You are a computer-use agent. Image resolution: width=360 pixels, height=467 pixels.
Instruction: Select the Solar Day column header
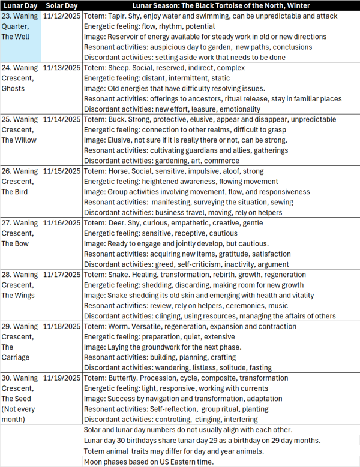(x=62, y=5)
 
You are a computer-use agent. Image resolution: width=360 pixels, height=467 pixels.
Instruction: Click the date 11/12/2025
(x=62, y=16)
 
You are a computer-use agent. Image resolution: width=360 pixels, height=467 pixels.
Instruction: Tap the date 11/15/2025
(x=62, y=171)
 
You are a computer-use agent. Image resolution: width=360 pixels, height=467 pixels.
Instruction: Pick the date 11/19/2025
(x=62, y=378)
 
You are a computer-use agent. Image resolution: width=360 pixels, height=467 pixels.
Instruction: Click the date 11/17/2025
(x=62, y=275)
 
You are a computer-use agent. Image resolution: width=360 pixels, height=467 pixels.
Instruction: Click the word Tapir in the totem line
(x=119, y=16)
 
